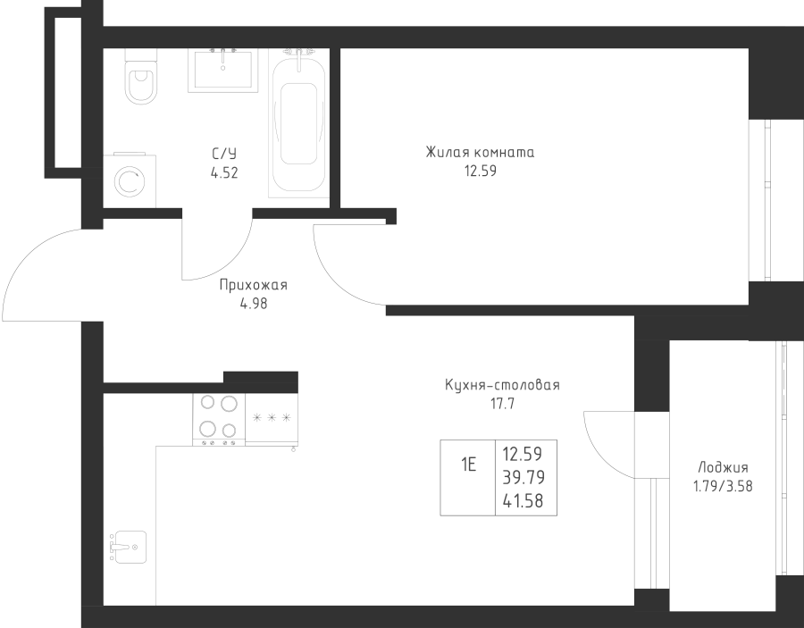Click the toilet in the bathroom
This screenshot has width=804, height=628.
(x=140, y=77)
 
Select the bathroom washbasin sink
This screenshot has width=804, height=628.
(x=222, y=71)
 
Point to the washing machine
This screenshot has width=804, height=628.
(x=130, y=180)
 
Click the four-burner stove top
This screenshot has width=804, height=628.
(x=219, y=419)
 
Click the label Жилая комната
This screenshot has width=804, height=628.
(x=480, y=152)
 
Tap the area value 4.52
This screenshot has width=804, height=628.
(x=224, y=173)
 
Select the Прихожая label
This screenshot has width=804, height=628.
(x=254, y=285)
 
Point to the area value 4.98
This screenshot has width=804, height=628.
(x=254, y=304)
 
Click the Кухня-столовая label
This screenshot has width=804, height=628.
(x=502, y=385)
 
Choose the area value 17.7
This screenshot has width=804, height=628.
(x=502, y=404)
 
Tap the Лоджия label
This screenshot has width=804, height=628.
(x=723, y=467)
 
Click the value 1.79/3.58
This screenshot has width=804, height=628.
(x=723, y=486)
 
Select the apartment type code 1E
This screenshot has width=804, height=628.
(x=469, y=465)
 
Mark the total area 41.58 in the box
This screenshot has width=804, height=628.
(x=523, y=501)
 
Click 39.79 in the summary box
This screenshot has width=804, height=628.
(x=523, y=477)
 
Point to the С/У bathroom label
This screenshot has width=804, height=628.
(x=224, y=154)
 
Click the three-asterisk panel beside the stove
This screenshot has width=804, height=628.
(x=272, y=418)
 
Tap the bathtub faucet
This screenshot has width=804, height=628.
(x=299, y=56)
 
